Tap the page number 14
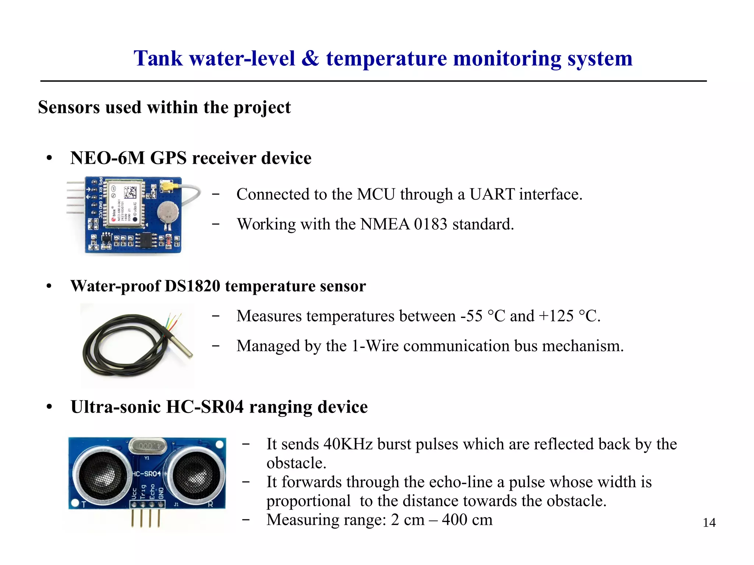(x=709, y=523)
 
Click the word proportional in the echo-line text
(x=309, y=501)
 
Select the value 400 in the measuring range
(x=454, y=520)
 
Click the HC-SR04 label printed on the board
(x=147, y=474)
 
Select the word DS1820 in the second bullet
(x=192, y=286)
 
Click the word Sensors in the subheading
(x=69, y=107)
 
